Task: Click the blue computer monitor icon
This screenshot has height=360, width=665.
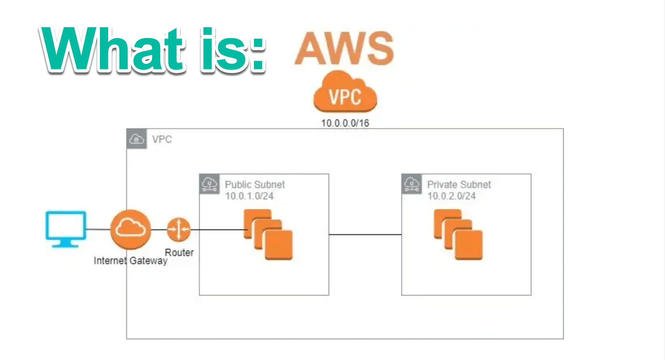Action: (x=66, y=228)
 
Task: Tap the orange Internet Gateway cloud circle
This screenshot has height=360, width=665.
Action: (x=130, y=229)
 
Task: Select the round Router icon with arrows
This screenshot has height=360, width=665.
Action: (x=178, y=229)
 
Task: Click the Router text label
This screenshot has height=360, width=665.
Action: (x=179, y=252)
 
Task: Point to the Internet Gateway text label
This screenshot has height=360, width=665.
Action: (x=130, y=260)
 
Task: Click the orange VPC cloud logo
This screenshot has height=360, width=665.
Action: (x=345, y=93)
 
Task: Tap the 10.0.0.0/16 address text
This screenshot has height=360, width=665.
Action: (x=345, y=123)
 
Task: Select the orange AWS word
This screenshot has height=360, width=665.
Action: (x=344, y=48)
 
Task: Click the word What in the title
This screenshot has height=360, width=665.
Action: (x=113, y=50)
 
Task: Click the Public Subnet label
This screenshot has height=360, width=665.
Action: (x=255, y=184)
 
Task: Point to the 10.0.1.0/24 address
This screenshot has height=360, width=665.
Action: (x=249, y=196)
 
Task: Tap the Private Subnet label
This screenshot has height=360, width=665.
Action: (x=459, y=184)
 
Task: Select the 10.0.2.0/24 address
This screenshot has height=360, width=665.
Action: (x=451, y=196)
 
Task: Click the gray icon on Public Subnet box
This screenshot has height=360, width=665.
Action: (x=210, y=184)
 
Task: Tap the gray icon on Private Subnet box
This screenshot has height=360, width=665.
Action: (x=412, y=184)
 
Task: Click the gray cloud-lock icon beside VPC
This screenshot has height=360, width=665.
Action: (x=137, y=139)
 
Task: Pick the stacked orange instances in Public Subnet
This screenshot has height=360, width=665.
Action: (x=268, y=235)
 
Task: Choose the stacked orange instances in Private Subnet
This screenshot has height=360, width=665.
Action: (x=458, y=235)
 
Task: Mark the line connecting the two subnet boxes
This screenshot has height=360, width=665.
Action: (x=365, y=234)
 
